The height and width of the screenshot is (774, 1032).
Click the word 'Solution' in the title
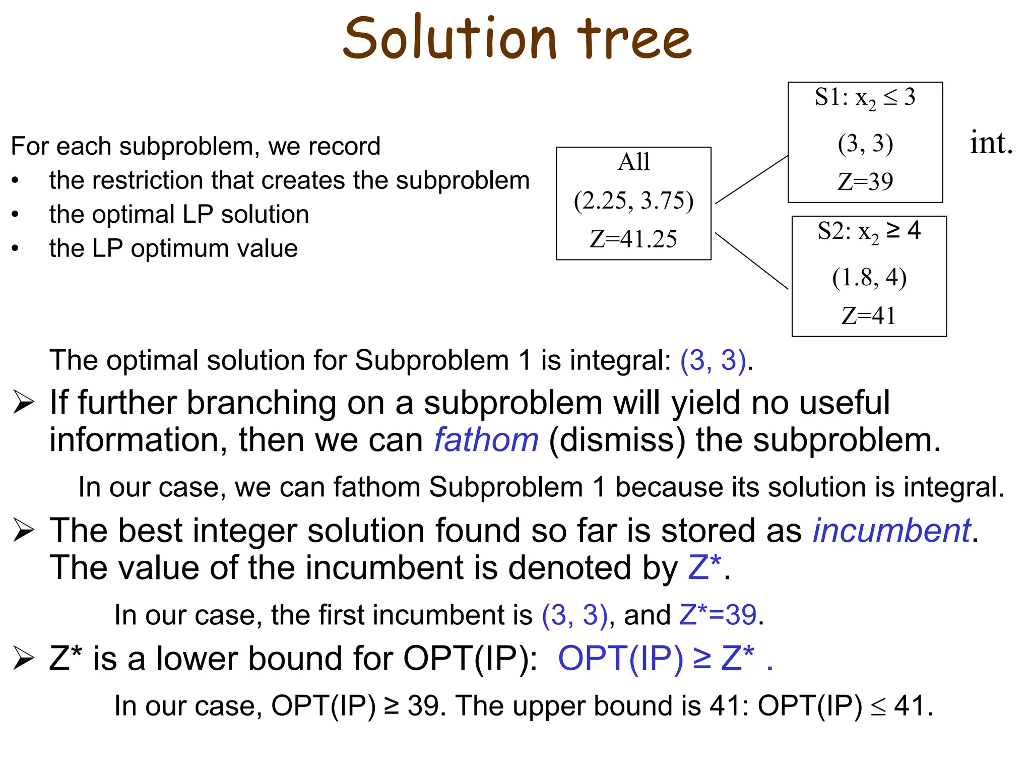[449, 38]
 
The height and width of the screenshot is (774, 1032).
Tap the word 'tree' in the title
[634, 38]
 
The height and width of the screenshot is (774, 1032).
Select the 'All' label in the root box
[633, 162]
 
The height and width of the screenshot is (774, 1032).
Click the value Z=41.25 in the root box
[633, 239]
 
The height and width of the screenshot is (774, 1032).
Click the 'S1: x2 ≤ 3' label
[865, 98]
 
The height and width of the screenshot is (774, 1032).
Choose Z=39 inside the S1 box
[865, 181]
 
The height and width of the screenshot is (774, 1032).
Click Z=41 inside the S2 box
[869, 316]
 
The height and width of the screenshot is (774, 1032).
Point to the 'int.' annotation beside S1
[991, 143]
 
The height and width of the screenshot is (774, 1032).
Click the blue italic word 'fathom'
[486, 440]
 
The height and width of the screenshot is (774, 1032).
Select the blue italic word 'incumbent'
[891, 531]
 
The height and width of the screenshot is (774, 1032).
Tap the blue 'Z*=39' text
[718, 615]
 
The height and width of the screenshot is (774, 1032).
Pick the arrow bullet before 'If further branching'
[24, 403]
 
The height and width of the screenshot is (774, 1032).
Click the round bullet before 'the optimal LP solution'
[16, 215]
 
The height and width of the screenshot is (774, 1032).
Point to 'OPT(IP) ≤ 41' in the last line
[845, 705]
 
